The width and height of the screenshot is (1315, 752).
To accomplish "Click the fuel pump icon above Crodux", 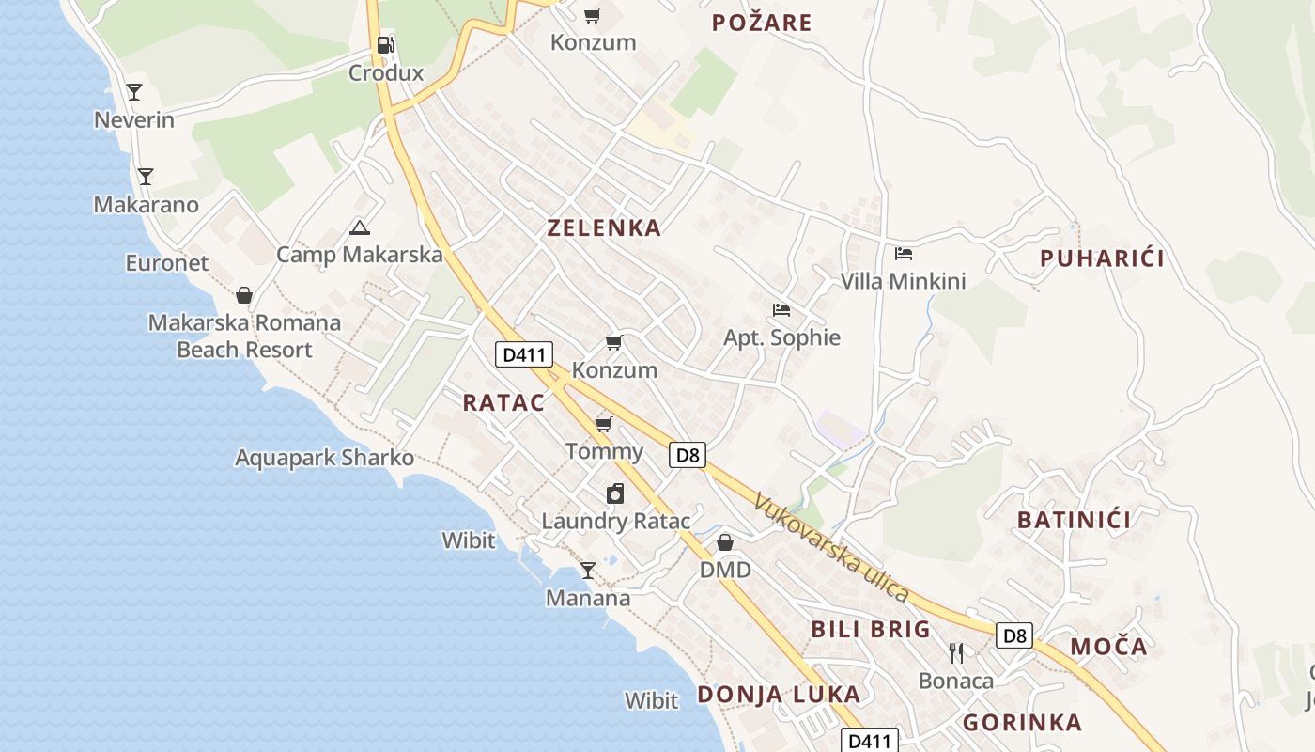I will coord(385,44).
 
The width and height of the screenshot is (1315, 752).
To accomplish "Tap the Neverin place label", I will coord(134,120).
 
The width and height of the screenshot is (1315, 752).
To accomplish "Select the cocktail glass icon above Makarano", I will coord(145,176).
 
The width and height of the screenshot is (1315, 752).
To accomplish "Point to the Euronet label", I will coord(167,263).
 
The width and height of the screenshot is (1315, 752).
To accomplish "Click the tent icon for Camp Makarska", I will coord(359,227).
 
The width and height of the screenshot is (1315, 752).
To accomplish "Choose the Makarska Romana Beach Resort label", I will coord(244,337).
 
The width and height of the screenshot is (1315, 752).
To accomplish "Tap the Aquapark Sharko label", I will coord(324,459).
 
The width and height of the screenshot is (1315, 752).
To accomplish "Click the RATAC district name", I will coord(503,403).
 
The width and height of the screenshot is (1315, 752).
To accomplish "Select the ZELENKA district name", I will coord(604,228).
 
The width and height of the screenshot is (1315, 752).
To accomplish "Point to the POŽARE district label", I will coord(762,23).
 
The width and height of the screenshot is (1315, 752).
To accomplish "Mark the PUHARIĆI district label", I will coord(1102,259).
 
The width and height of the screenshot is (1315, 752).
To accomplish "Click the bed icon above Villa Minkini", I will coord(904,254).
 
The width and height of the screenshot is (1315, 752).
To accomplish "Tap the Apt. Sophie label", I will coord(781,338).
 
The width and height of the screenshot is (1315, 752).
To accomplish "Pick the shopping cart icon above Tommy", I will coord(604,425).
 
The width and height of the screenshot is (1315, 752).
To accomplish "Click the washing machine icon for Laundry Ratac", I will coord(614,493).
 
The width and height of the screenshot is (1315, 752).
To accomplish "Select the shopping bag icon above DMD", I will coord(724,542).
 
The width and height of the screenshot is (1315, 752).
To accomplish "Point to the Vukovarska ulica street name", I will coord(830,549).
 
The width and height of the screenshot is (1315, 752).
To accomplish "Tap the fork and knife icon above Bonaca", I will coord(956,652).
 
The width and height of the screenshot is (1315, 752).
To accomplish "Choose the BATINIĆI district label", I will coord(1074,520).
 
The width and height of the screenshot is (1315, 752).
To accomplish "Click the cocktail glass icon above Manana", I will coord(588,570).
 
